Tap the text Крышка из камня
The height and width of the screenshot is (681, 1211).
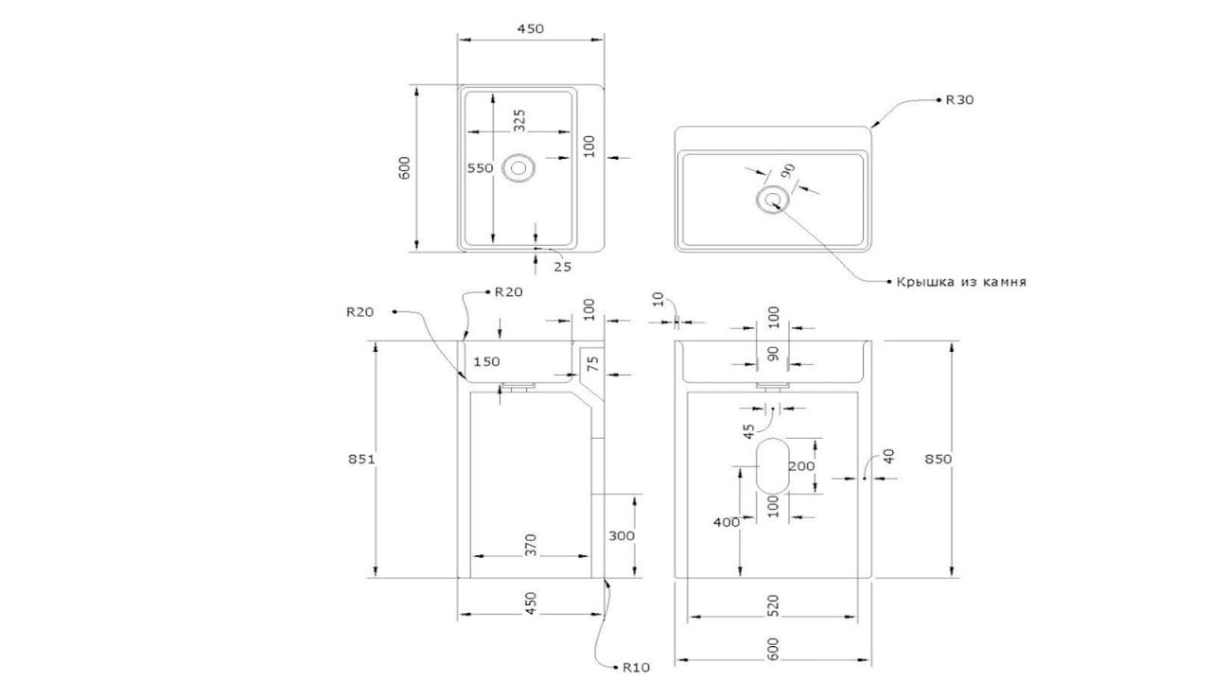pos(961,282)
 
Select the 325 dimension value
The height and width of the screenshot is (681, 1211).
pos(519,120)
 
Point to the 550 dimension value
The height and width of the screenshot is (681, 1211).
pos(480,168)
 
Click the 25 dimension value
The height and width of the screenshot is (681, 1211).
pos(563,267)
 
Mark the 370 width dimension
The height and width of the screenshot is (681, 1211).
pos(532,545)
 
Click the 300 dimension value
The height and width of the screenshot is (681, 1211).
pos(622,535)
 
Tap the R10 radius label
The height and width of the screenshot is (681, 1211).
pos(636,667)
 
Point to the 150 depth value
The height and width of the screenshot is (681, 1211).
pos(486,361)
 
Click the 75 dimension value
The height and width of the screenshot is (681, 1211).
pos(593,364)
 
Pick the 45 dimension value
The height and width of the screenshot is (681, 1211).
pos(748,431)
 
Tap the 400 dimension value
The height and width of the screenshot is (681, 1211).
pos(727,522)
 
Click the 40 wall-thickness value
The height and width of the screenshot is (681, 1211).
pos(888,456)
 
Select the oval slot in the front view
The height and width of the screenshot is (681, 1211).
pos(772,465)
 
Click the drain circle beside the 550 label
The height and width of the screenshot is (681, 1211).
pos(518,168)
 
